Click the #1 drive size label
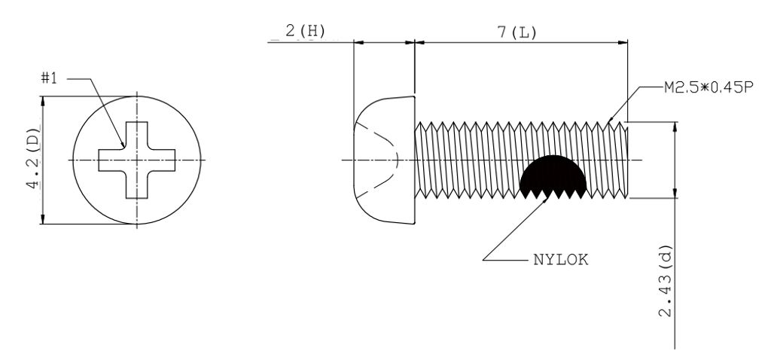click(49, 78)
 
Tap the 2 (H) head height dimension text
click(305, 32)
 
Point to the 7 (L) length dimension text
click(517, 33)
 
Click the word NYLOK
click(560, 260)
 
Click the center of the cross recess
click(137, 160)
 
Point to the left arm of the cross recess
click(112, 160)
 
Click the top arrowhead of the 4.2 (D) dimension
click(43, 101)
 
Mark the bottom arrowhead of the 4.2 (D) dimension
click(43, 219)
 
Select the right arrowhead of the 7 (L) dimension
click(623, 43)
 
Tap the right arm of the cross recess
click(161, 160)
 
